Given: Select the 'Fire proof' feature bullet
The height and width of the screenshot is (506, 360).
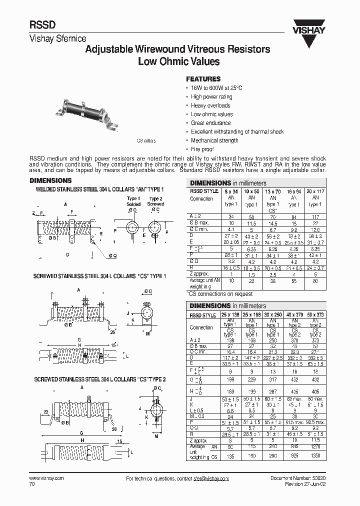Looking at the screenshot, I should [202, 149].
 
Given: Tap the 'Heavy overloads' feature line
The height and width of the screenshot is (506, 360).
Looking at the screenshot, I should [210, 105].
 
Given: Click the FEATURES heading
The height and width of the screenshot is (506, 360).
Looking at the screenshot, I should [203, 79].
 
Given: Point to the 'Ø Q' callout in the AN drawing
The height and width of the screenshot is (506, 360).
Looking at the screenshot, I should [113, 256].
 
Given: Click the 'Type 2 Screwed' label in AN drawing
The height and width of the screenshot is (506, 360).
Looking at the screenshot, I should [156, 201].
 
